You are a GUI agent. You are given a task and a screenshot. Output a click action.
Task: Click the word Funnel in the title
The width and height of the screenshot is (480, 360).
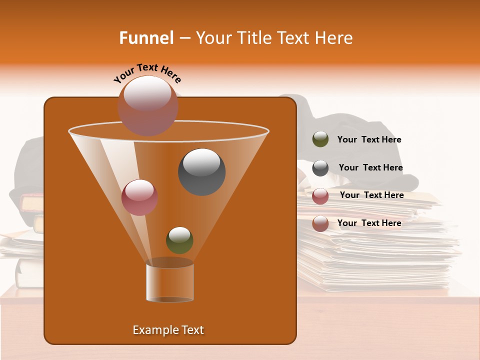[146, 38]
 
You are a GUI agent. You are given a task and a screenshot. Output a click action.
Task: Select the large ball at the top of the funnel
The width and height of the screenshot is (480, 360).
[147, 105]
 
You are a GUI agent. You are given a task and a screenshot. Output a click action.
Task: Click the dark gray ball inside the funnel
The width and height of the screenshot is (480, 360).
[201, 172]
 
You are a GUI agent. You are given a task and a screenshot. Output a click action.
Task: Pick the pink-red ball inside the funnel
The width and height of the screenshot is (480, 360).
[139, 197]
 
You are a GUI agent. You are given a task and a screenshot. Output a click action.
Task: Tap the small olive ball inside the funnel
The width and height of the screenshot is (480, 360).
[179, 240]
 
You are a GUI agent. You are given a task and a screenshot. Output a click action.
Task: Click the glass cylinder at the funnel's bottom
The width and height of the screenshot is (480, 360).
[169, 282]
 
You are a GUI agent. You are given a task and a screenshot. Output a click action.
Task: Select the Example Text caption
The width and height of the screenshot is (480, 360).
[168, 330]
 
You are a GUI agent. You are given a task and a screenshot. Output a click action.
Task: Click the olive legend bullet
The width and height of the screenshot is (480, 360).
[320, 139]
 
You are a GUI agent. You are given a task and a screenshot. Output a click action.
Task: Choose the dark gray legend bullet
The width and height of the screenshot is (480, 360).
[320, 168]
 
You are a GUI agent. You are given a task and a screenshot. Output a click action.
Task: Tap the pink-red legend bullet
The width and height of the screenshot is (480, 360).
[320, 196]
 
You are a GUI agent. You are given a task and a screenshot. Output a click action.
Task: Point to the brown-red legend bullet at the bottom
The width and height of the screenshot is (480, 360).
[320, 223]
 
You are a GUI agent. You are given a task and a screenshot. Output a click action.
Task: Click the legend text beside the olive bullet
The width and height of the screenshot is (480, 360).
[369, 140]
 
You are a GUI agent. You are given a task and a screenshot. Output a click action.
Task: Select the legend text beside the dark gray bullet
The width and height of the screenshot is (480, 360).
[370, 168]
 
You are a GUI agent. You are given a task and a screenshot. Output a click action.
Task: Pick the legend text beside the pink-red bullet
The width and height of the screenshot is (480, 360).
[371, 195]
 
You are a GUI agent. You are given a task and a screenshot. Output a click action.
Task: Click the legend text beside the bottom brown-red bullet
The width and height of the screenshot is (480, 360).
[369, 223]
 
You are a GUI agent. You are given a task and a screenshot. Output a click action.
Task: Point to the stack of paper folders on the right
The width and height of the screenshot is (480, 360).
[380, 250]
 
